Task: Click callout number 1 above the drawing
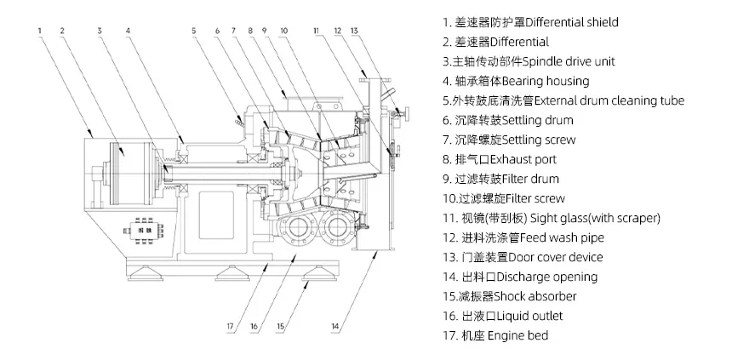coord(40,31)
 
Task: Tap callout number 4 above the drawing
coord(128,31)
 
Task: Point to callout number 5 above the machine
coord(193,31)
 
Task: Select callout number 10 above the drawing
coord(283,31)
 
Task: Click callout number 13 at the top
coord(355,31)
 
